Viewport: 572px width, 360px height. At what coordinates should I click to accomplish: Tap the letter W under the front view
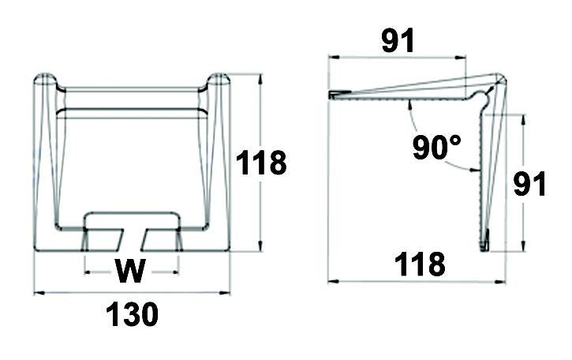click(130, 272)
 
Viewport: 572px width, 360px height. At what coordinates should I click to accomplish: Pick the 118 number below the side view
click(421, 264)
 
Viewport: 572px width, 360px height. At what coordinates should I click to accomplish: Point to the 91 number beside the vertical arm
click(529, 183)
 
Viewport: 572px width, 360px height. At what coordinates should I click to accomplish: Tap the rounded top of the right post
click(219, 80)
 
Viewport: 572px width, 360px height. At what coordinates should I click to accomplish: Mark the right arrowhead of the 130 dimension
click(226, 294)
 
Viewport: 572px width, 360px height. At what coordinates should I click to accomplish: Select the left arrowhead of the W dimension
click(87, 272)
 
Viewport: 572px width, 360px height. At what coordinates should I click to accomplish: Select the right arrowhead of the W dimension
click(175, 272)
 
